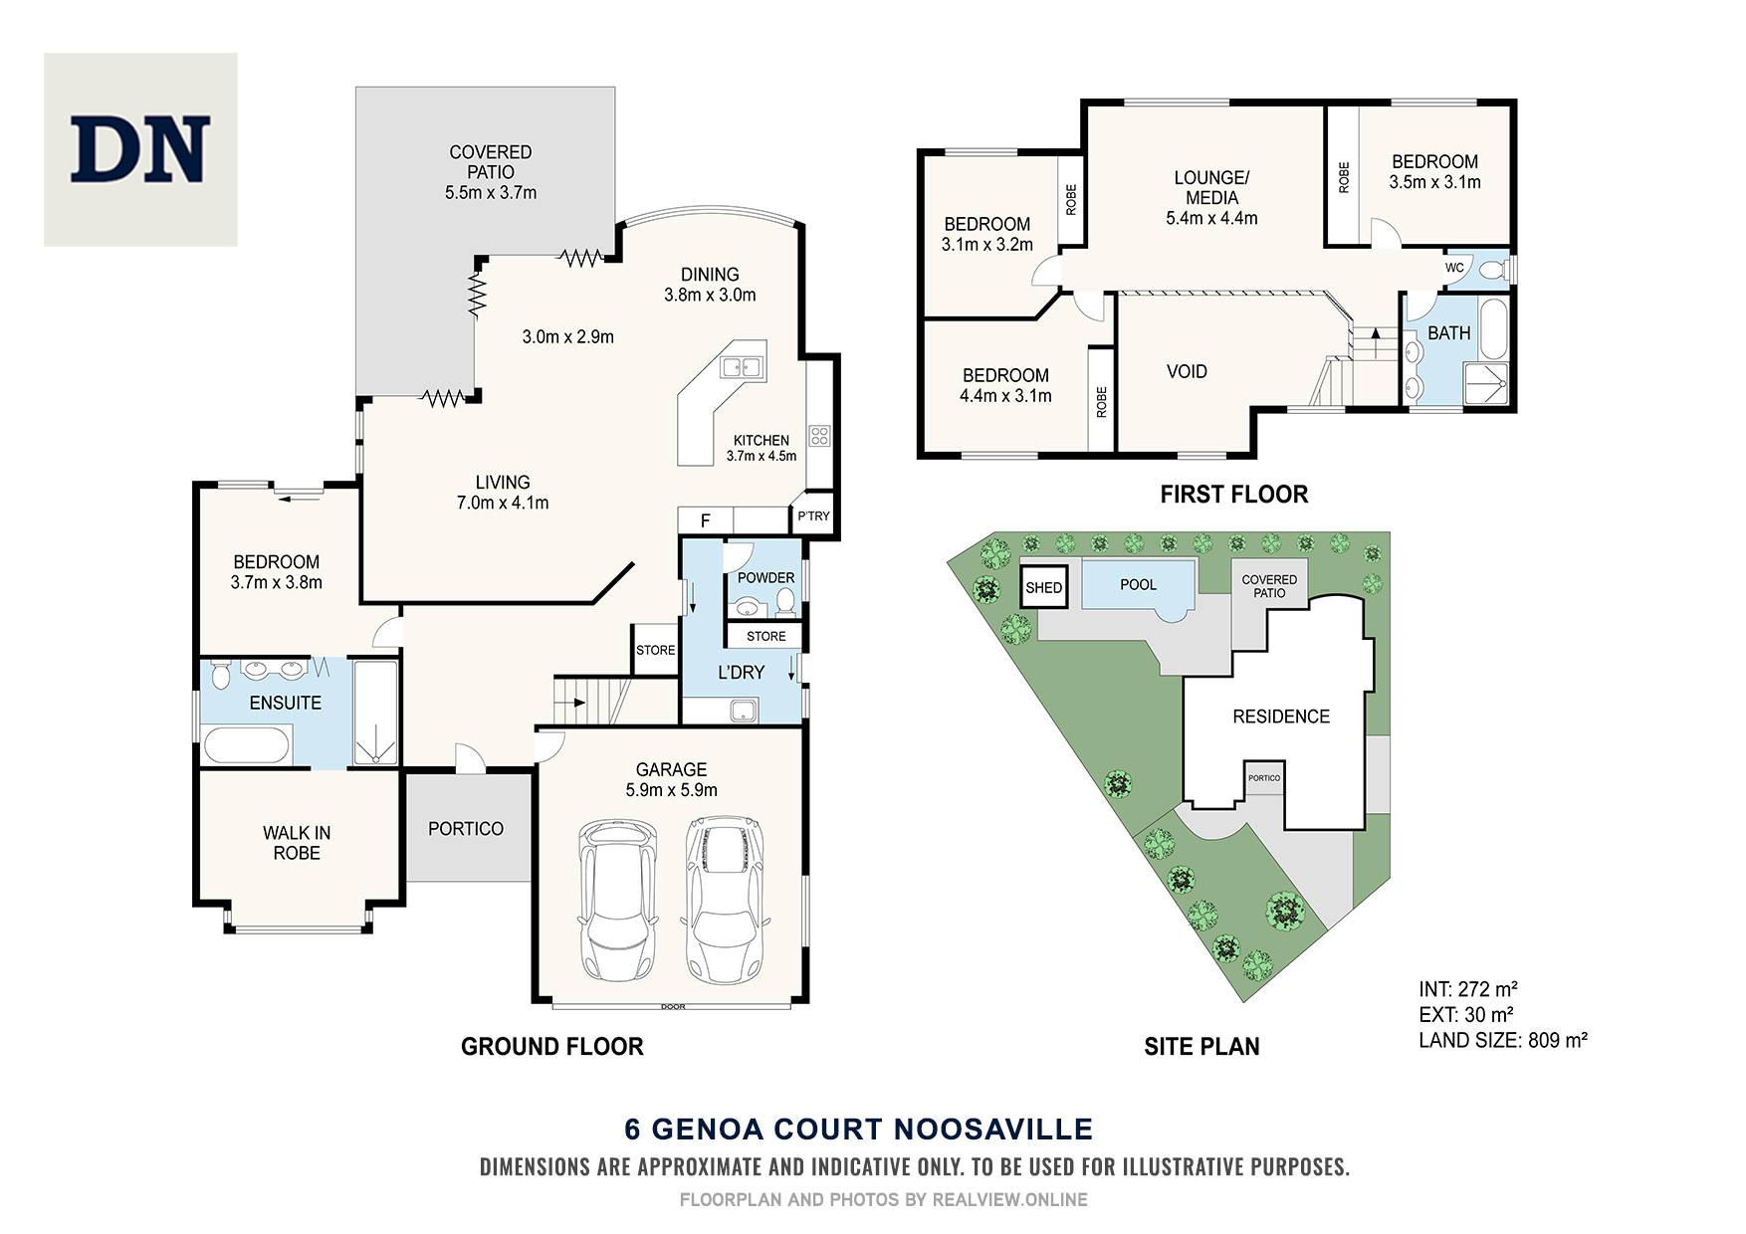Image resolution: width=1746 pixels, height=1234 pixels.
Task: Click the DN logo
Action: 140,149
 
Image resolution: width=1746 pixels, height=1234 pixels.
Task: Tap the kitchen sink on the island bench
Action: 742,366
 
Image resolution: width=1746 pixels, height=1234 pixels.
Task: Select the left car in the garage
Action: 618,900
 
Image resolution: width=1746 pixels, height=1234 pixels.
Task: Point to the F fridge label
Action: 705,520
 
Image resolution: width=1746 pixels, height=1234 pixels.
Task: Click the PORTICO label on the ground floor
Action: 466,828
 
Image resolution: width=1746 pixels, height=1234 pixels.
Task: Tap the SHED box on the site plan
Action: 1044,587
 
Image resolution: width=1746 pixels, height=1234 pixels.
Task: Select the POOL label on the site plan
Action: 1138,584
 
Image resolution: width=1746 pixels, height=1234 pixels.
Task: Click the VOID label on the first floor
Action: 1187,371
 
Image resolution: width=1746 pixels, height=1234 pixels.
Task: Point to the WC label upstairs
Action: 1454,267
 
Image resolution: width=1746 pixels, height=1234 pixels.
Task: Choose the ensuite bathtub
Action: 247,745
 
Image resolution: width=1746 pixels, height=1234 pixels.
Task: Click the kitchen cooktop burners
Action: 820,435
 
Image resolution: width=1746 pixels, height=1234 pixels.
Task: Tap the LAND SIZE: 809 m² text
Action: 1502,1040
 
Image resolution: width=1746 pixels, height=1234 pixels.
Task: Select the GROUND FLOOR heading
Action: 552,1046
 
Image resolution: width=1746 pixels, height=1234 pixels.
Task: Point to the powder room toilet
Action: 785,601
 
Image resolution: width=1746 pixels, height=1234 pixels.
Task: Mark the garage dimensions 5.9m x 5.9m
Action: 672,790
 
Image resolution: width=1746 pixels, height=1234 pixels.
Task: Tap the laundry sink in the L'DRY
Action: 743,711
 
